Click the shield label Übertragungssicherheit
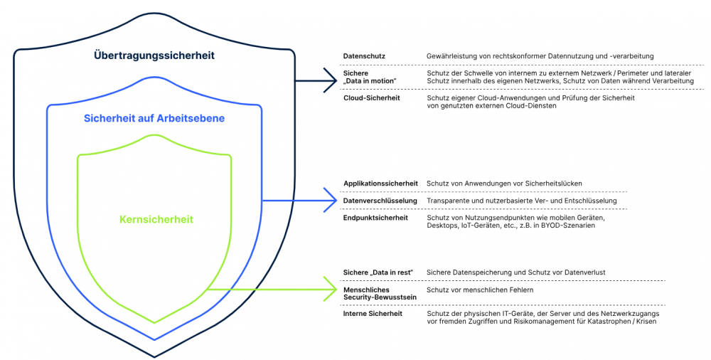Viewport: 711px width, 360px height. click(154, 55)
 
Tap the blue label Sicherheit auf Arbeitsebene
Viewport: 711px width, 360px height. click(154, 119)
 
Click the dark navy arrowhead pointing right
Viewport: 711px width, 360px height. click(330, 80)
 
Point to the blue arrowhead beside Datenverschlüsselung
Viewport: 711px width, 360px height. click(330, 201)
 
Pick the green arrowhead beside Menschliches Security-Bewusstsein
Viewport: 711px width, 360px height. click(330, 290)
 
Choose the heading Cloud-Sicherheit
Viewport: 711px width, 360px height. click(371, 97)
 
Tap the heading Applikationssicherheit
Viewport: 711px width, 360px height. click(380, 184)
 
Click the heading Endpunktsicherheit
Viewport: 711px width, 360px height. click(375, 218)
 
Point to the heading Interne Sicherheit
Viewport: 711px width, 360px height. click(373, 314)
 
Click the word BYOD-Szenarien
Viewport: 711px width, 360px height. click(570, 226)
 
